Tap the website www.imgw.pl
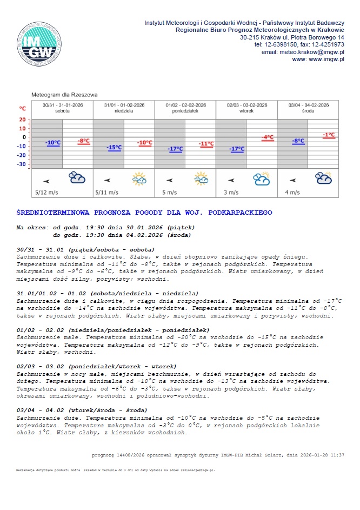[x=326, y=59]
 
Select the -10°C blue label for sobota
[x=54, y=143]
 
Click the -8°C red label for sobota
[x=84, y=141]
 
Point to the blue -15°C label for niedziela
[x=115, y=147]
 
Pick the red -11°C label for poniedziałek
[x=206, y=143]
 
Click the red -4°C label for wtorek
[x=268, y=137]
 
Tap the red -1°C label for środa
[x=329, y=134]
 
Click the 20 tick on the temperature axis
[x=22, y=120]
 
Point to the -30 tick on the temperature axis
[x=21, y=164]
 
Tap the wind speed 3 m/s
[x=231, y=192]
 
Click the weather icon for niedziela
[x=139, y=178]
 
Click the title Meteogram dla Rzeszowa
[x=65, y=95]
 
